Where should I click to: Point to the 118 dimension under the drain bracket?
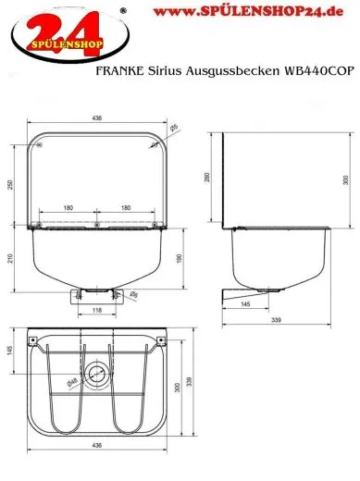pyautogui.click(x=97, y=311)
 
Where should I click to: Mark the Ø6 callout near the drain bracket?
pyautogui.click(x=135, y=295)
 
